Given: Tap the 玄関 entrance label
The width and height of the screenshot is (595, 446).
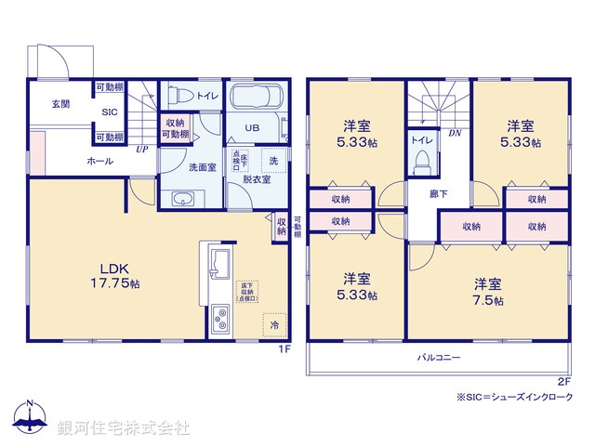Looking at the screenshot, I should point(60,103).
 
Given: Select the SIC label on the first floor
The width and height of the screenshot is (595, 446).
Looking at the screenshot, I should point(109,111).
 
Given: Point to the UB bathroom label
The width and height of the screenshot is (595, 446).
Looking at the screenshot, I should point(252,128).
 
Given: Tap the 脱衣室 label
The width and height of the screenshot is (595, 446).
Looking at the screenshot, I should point(257,179).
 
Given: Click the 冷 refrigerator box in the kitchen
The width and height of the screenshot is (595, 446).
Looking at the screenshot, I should point(274,326).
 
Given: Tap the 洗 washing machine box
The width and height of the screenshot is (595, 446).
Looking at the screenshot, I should point(273,161).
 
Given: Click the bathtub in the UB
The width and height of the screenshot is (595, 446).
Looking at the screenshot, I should point(256,98).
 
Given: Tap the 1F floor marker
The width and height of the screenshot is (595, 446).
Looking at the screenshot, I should point(286,350).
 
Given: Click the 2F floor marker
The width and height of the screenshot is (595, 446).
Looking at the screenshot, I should point(563,381).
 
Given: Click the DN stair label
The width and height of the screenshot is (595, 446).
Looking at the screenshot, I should point(455,134).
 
